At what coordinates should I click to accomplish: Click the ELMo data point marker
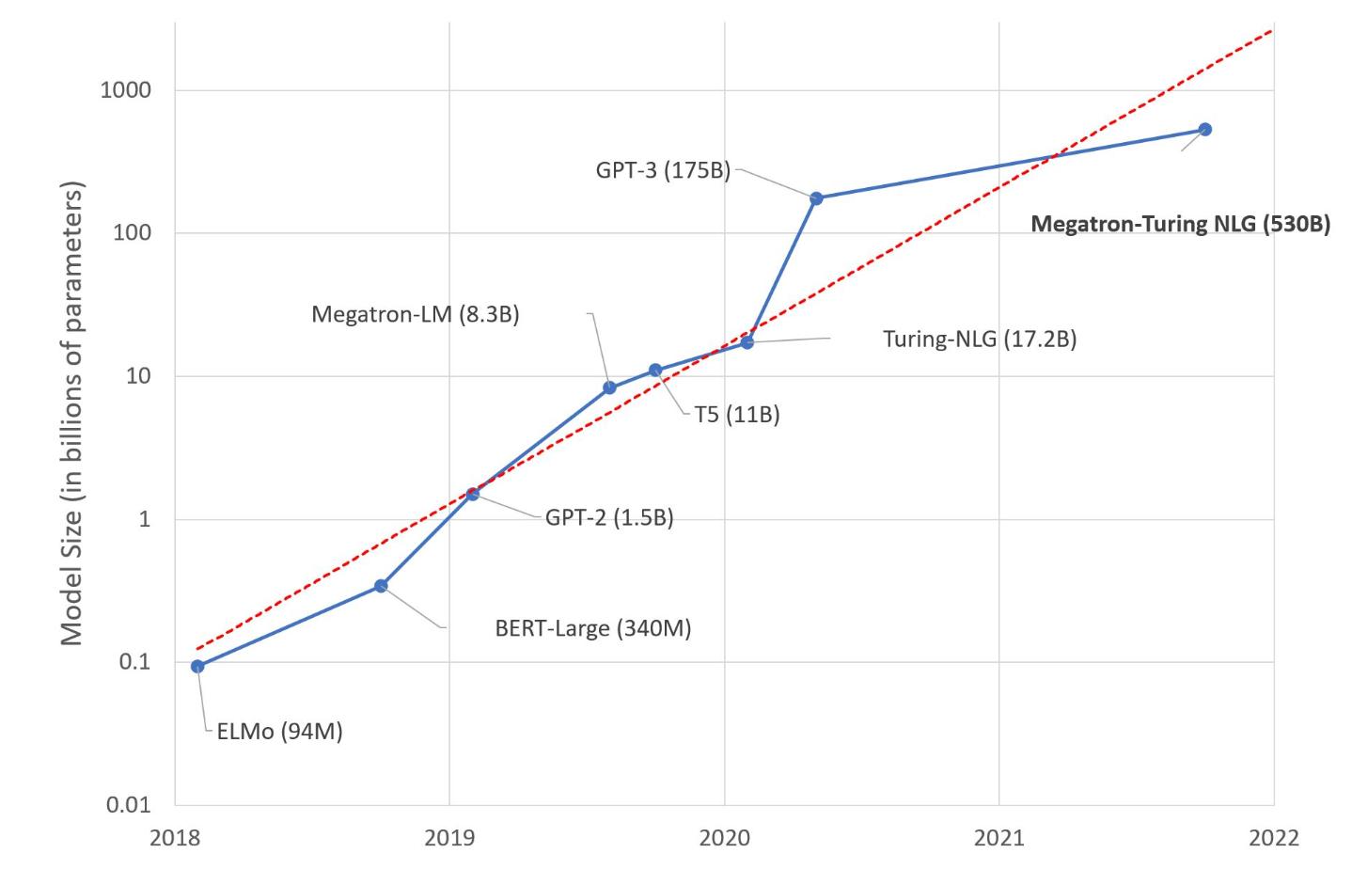click(197, 666)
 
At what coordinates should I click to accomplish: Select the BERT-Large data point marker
click(381, 586)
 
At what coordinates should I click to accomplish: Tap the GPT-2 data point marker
click(473, 494)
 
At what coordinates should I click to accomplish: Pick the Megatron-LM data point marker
click(609, 387)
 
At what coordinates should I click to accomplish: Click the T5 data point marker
click(655, 371)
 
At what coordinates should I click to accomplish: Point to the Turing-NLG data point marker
click(747, 342)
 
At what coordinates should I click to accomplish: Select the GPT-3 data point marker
click(816, 198)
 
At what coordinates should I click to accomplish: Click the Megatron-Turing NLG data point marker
click(1205, 130)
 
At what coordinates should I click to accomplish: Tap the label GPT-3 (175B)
click(663, 171)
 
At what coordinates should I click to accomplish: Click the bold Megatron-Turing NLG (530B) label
click(1180, 225)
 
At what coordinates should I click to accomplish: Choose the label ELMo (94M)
click(279, 731)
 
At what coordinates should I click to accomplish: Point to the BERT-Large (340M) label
click(592, 628)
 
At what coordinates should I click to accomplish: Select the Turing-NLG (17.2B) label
click(979, 339)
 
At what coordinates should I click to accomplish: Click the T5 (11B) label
click(737, 414)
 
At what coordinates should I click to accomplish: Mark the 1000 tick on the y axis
click(126, 90)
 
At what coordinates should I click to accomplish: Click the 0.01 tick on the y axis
click(126, 805)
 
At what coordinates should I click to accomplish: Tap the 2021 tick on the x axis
click(998, 837)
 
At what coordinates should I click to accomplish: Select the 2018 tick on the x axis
click(175, 837)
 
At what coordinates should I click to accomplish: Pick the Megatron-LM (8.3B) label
click(415, 314)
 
